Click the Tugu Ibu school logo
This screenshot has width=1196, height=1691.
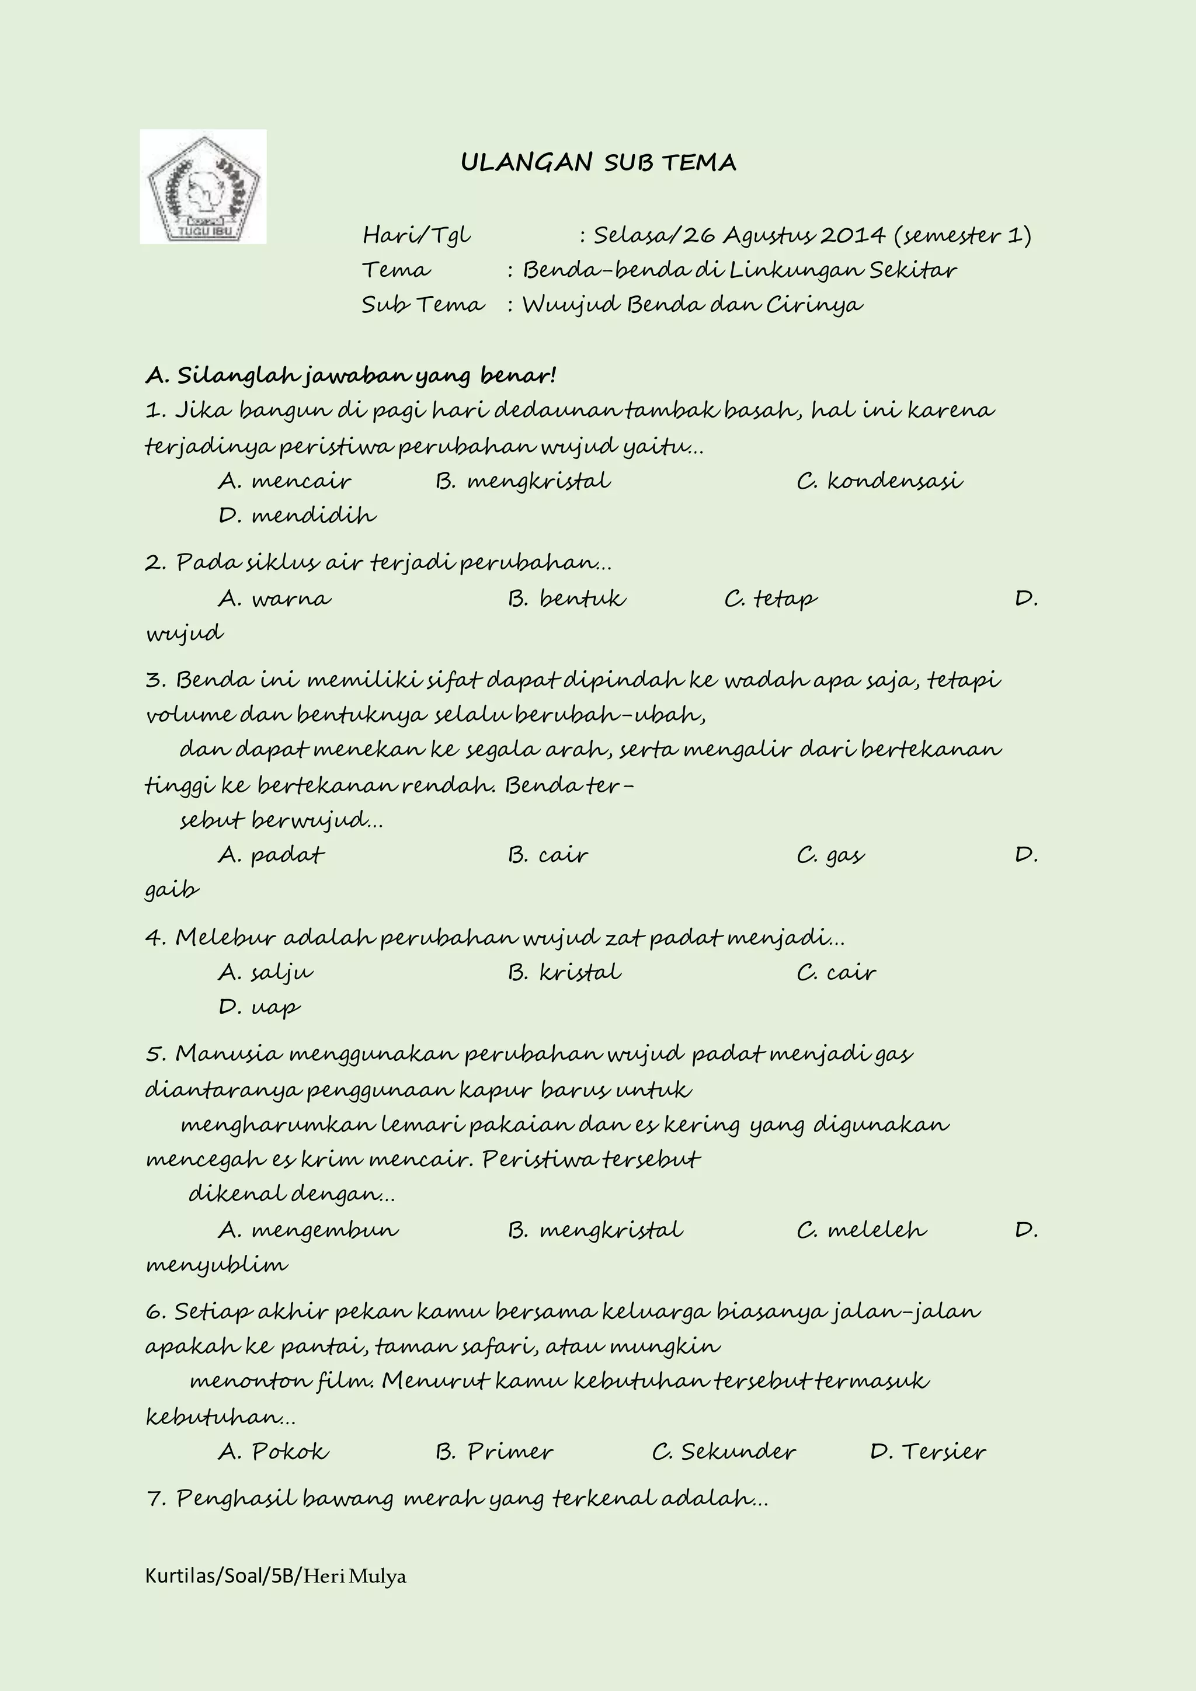[203, 187]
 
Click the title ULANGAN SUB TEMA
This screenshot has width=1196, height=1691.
[598, 163]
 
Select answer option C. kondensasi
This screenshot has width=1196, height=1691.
[879, 481]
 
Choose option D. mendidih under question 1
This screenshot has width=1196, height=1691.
[297, 515]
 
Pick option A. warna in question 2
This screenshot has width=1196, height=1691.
[274, 598]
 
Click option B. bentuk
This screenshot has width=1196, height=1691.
[566, 598]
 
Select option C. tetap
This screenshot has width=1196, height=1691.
[770, 598]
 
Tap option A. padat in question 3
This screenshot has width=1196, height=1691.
[271, 854]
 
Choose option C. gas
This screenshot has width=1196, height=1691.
[830, 854]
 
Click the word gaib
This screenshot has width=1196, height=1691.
[172, 890]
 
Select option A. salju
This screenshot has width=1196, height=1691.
[265, 972]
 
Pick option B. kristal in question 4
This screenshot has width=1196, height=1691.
[564, 972]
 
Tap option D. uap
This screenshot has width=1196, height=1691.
[259, 1007]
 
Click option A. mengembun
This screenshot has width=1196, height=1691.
[308, 1229]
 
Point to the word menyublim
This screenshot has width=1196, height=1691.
[217, 1265]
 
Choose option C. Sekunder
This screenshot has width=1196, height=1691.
[723, 1452]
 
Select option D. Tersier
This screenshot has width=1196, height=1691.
[927, 1452]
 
